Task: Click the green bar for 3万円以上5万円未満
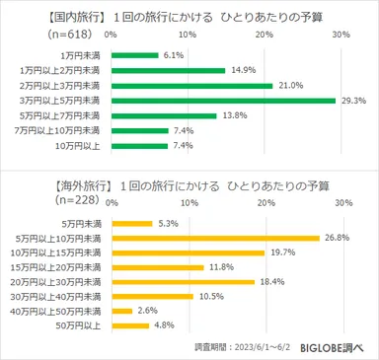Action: point(223,101)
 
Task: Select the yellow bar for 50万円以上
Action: point(128,324)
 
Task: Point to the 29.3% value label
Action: point(353,101)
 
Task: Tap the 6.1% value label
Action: point(173,55)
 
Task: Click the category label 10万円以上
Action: point(80,146)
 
